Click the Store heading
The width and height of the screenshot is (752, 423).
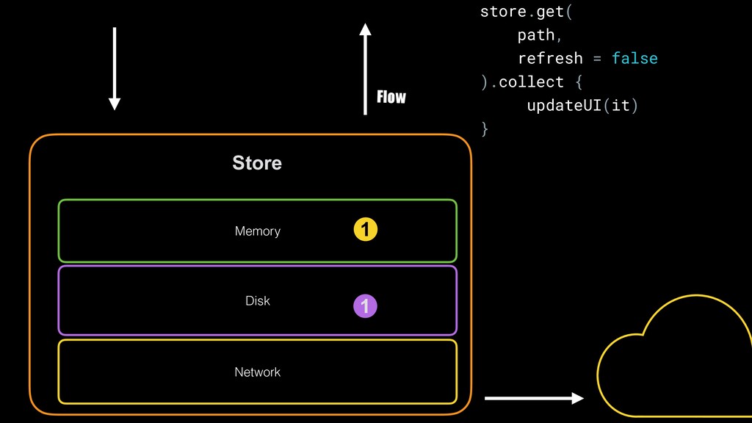(257, 163)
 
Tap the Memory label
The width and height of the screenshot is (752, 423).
(257, 231)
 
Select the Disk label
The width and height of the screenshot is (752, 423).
(257, 300)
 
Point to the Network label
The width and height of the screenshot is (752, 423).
(257, 372)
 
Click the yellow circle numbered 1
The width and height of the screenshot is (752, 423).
(365, 231)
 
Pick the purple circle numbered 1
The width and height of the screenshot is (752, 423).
(365, 305)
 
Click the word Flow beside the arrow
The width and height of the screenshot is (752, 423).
(391, 97)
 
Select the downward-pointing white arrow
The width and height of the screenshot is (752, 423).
(114, 68)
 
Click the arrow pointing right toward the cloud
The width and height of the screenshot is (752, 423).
(534, 398)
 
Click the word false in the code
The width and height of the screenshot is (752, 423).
(634, 58)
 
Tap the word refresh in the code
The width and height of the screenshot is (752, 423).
(550, 58)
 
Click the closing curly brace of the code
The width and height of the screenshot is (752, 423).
(484, 129)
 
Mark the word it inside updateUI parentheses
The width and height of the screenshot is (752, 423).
(620, 105)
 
